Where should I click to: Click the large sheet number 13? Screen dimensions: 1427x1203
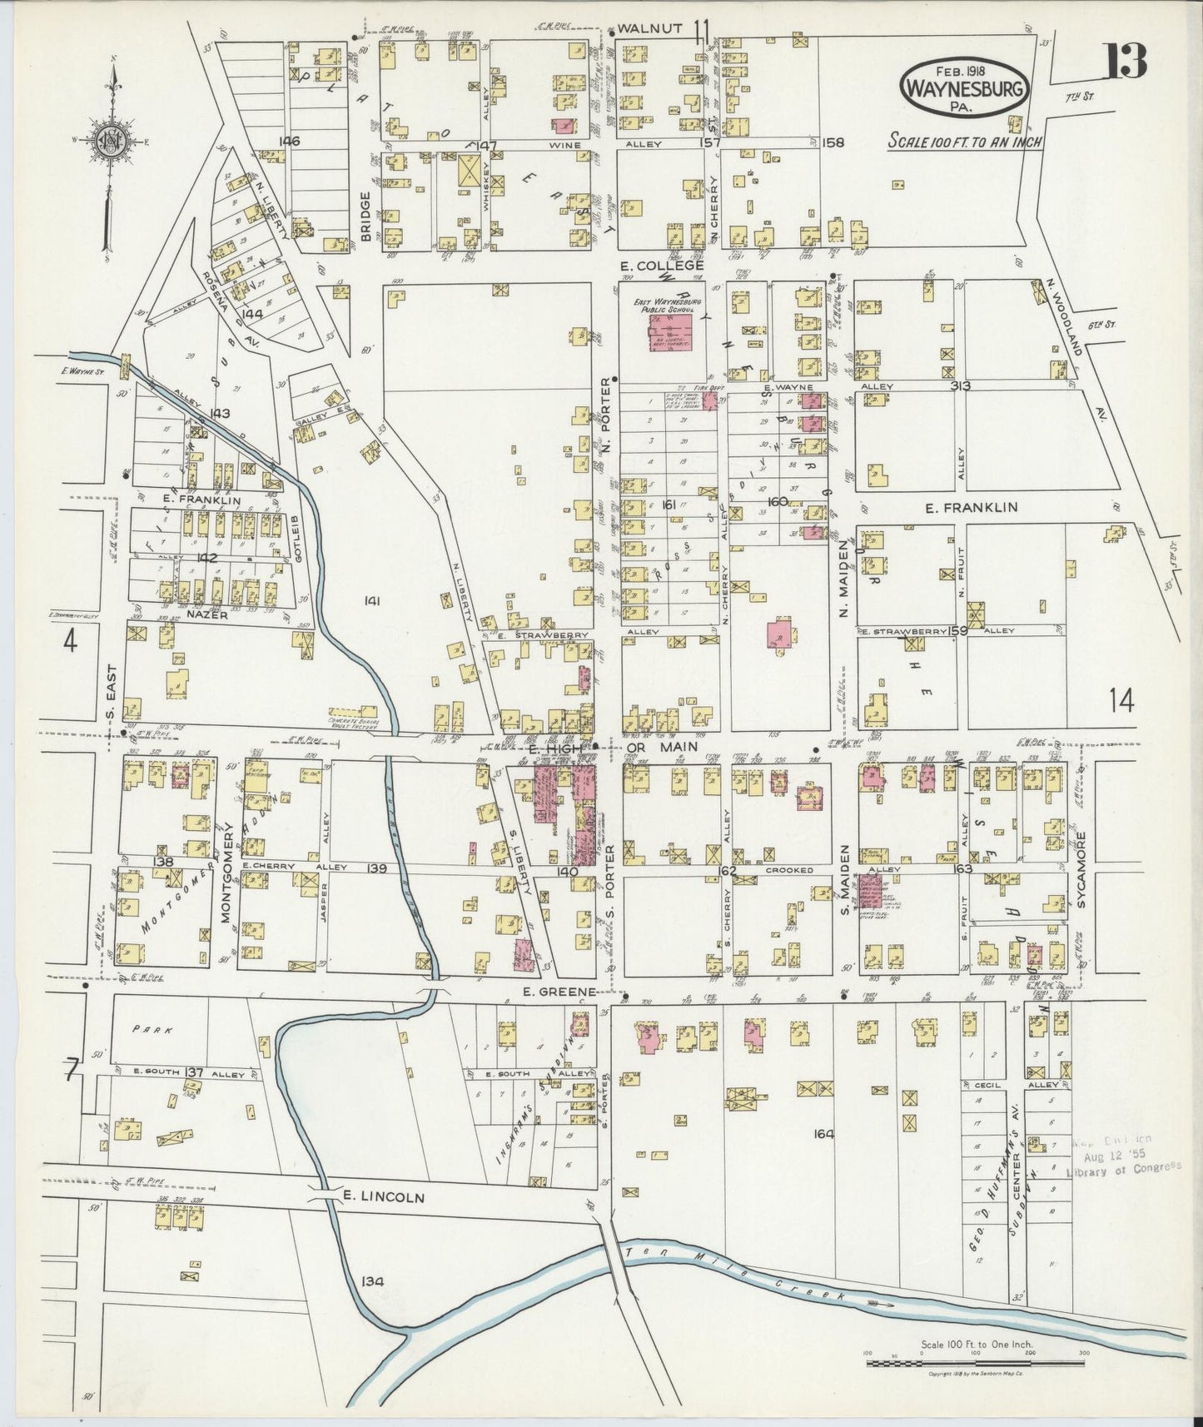(1126, 60)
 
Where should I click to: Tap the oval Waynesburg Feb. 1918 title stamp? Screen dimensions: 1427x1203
(964, 87)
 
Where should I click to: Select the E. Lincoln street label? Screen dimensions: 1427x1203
(384, 1197)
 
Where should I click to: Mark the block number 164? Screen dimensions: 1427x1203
(823, 1132)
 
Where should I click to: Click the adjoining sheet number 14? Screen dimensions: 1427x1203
(1121, 702)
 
